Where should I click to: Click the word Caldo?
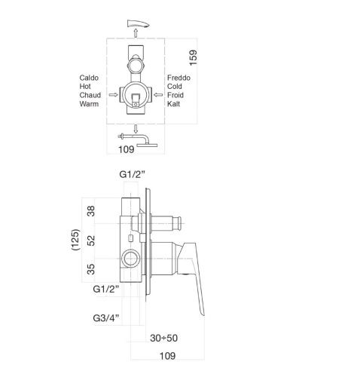(90, 77)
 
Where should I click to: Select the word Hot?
(85, 86)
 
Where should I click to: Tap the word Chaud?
(91, 95)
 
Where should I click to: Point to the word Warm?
(90, 104)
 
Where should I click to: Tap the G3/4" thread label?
(105, 320)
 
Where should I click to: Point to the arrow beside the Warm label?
(112, 96)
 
